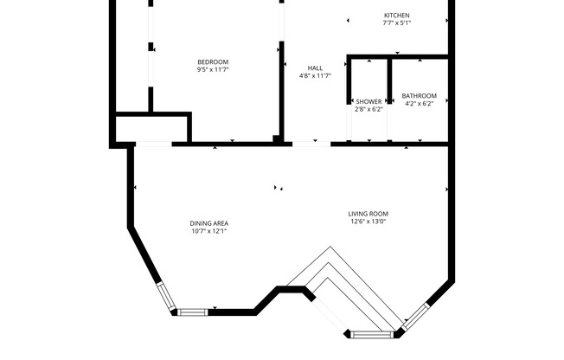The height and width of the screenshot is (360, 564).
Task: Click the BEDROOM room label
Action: pyautogui.click(x=213, y=61)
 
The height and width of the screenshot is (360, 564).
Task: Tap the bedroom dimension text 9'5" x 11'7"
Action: pyautogui.click(x=213, y=70)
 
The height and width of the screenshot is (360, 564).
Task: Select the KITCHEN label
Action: pyautogui.click(x=396, y=16)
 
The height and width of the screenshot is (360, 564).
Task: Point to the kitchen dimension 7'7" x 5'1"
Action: pyautogui.click(x=396, y=24)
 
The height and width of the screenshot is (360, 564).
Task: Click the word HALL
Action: pyautogui.click(x=314, y=67)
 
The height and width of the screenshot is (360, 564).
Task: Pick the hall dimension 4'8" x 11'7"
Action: pyautogui.click(x=314, y=76)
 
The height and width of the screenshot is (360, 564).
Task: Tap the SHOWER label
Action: pyautogui.click(x=369, y=101)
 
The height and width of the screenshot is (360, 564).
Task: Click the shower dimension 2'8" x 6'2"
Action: pyautogui.click(x=369, y=110)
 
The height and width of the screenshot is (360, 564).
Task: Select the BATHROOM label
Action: pyautogui.click(x=419, y=95)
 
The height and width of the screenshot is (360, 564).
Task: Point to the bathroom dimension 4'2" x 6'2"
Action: pyautogui.click(x=419, y=104)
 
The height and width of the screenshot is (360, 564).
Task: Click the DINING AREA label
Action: pyautogui.click(x=209, y=223)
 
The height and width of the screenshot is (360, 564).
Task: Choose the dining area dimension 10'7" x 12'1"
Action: pyautogui.click(x=209, y=232)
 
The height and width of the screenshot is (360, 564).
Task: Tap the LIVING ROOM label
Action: pyautogui.click(x=369, y=214)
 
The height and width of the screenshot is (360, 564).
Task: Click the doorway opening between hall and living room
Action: pyautogui.click(x=311, y=144)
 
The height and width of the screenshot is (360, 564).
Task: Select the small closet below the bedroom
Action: pyautogui.click(x=152, y=129)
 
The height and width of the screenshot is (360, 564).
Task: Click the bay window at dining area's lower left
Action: pyautogui.click(x=166, y=296)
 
